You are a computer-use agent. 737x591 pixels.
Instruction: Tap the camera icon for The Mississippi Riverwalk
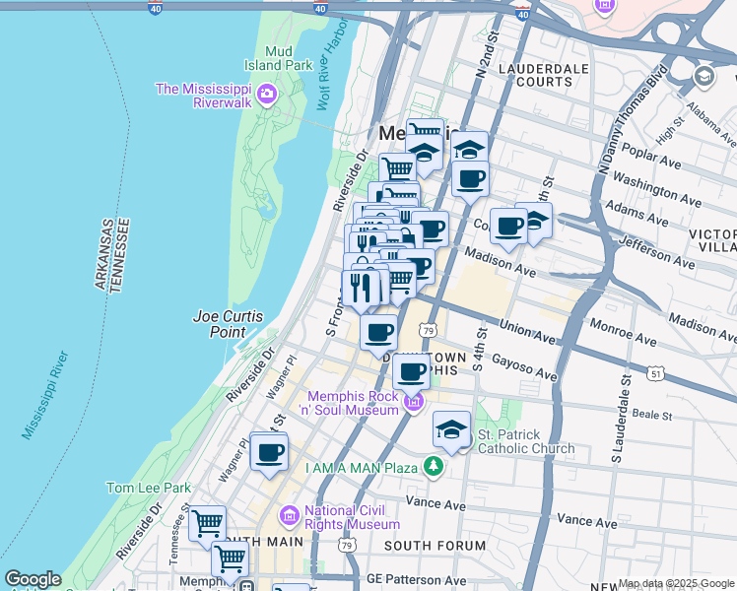point(265,95)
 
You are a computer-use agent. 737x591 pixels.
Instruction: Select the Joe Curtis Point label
point(228,324)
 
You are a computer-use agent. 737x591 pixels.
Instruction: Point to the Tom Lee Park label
point(148,488)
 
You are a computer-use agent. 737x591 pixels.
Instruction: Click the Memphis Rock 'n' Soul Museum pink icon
point(413,402)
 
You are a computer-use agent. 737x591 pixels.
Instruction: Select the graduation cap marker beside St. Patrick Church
point(451,430)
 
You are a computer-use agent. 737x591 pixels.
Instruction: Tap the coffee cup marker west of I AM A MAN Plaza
point(269,453)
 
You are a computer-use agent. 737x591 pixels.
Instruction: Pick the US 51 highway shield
point(656,373)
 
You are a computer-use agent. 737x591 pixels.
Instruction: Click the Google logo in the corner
point(33,579)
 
